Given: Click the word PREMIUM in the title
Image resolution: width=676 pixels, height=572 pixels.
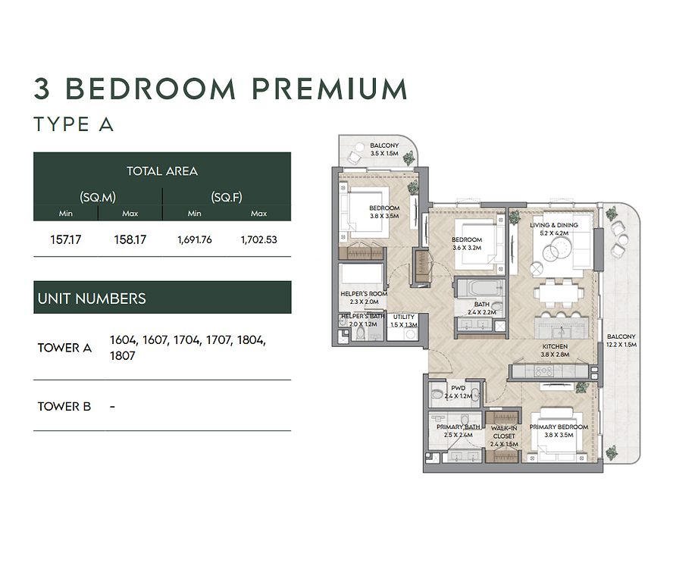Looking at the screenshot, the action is (x=330, y=89).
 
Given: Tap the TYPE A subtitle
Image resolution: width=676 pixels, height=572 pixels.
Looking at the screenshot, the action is (x=74, y=124).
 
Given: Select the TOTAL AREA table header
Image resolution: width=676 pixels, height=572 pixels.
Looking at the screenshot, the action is (x=162, y=171).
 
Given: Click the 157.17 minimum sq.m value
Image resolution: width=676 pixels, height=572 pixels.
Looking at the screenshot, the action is (x=65, y=239).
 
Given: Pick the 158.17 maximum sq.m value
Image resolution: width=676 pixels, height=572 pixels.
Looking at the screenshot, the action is (x=130, y=239).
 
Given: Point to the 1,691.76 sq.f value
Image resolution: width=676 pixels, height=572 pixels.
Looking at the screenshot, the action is (x=195, y=239).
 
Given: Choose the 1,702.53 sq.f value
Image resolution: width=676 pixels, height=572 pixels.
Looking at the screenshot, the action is (x=258, y=239).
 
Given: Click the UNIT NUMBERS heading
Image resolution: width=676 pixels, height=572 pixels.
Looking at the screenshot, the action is (x=92, y=299).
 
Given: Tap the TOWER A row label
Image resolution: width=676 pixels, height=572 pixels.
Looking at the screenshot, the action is (x=64, y=348).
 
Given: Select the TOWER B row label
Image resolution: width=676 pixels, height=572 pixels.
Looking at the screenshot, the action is (x=64, y=407).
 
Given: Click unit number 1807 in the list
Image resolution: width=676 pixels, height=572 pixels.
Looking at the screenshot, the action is (x=123, y=355).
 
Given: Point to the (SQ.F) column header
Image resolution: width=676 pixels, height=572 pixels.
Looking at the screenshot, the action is (x=227, y=198).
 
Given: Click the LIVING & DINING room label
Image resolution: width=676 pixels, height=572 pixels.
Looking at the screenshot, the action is (x=554, y=225).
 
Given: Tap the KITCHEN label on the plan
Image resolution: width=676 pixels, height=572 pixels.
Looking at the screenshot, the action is (x=555, y=346).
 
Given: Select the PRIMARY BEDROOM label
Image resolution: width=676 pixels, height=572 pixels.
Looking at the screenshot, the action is (x=559, y=427).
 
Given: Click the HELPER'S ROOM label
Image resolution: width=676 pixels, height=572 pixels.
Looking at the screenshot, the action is (x=364, y=293).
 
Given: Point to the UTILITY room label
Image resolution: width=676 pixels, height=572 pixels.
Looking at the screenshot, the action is (x=403, y=317).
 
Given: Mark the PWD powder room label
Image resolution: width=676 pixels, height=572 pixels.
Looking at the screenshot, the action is (x=458, y=388).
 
